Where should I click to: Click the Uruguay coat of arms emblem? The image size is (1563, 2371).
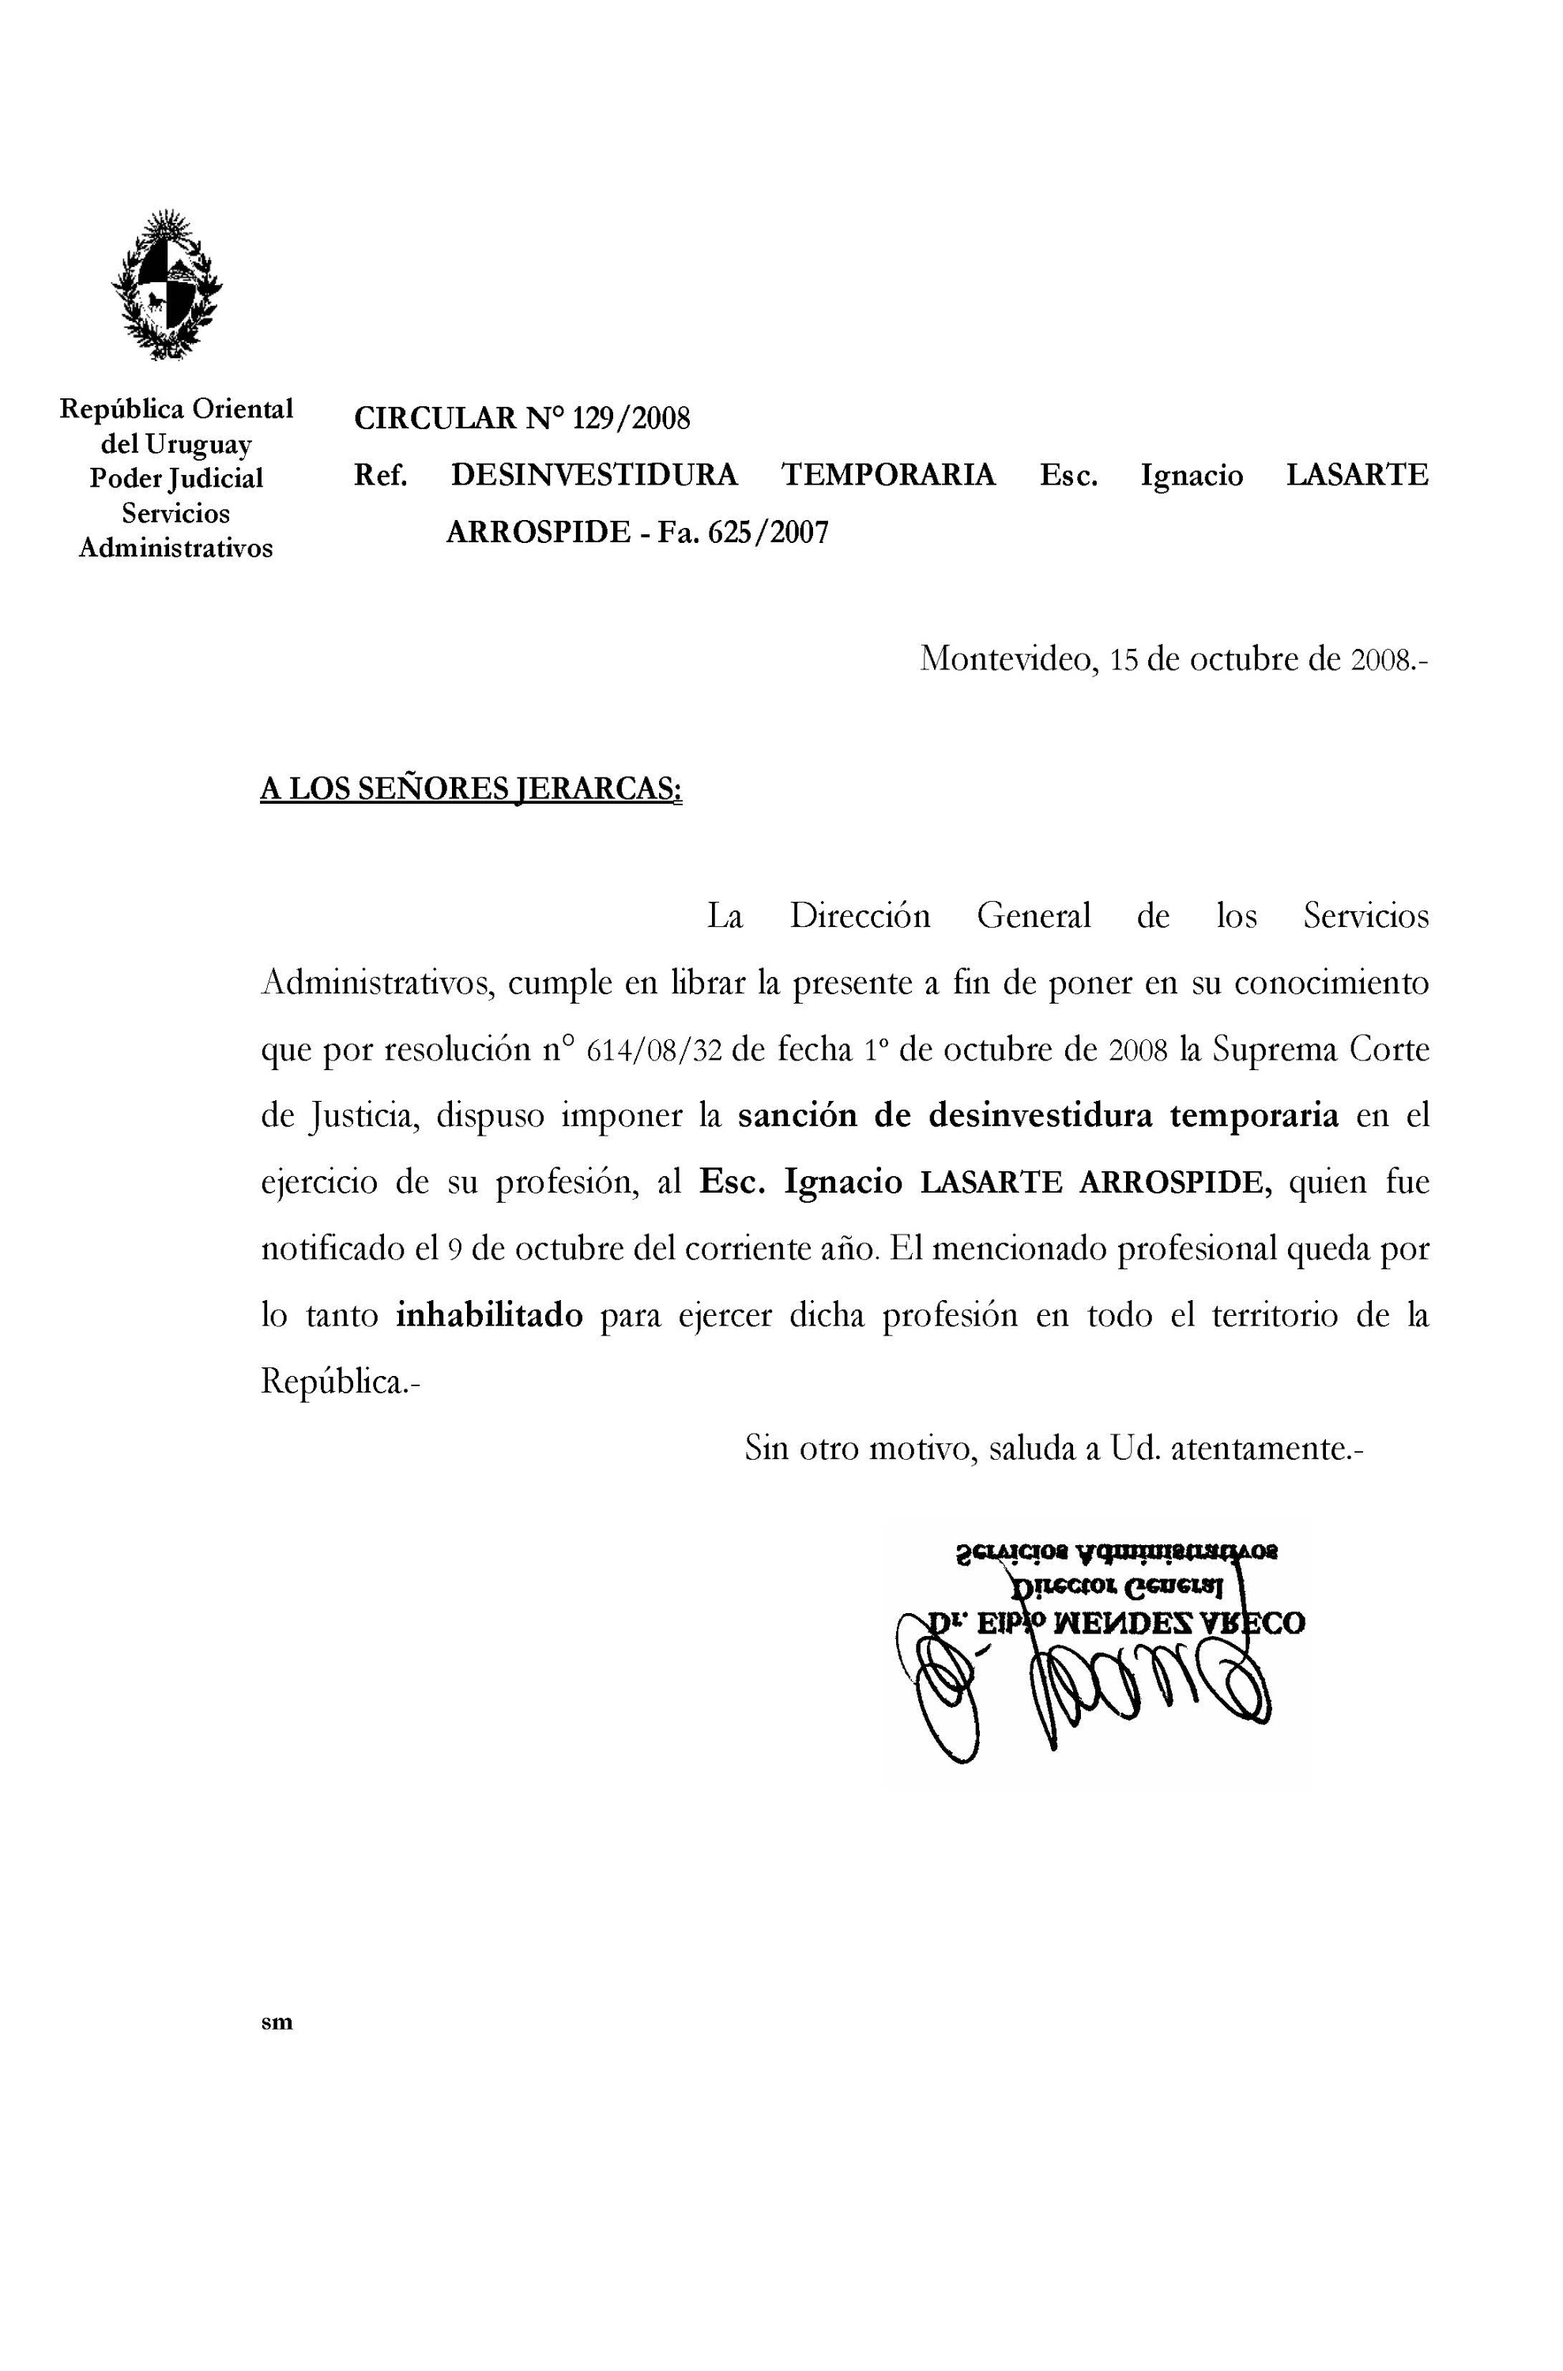[x=167, y=285]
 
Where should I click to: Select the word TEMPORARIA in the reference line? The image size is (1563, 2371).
[x=887, y=476]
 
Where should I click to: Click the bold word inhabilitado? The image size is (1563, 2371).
[x=489, y=1316]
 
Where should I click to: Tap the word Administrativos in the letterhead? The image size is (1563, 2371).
[x=175, y=548]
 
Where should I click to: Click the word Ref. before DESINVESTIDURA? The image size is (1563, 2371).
[x=381, y=476]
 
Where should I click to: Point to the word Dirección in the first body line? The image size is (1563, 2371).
[x=859, y=915]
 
